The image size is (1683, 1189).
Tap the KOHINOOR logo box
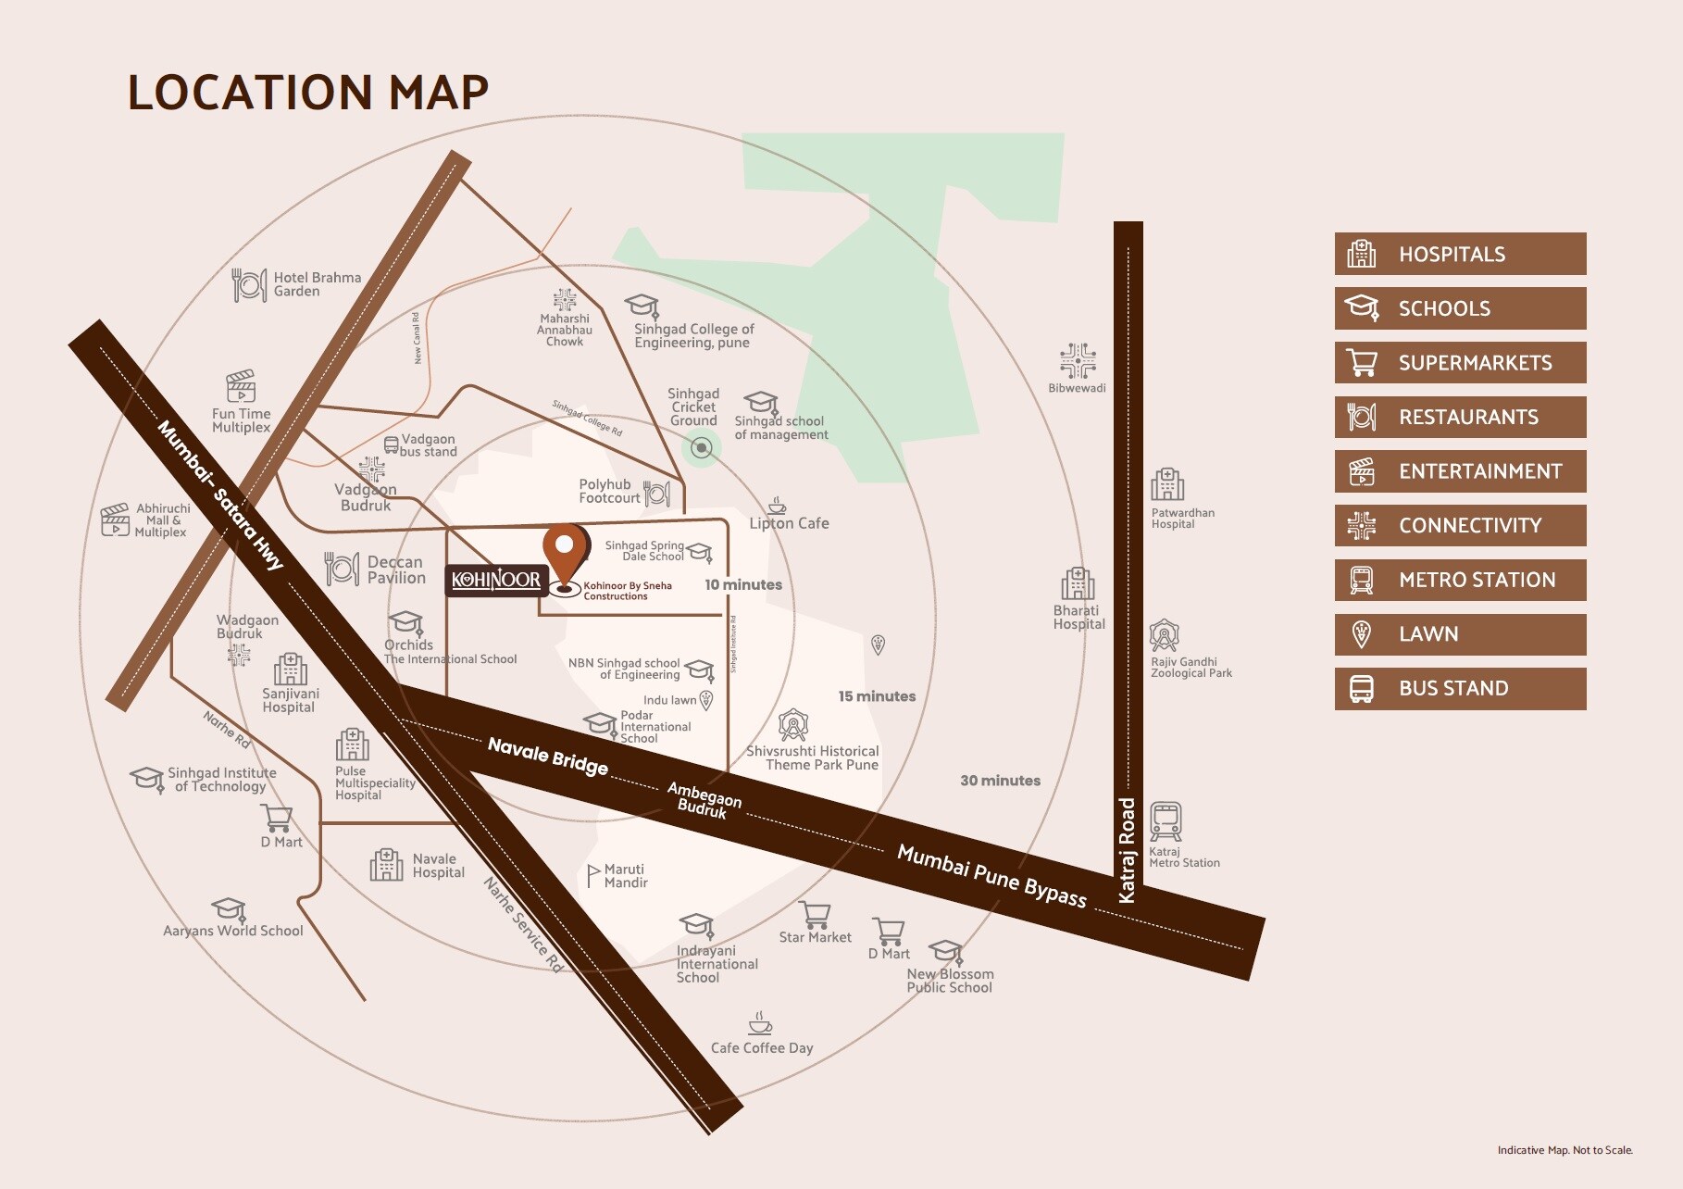point(496,580)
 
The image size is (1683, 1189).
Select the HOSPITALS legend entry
point(1460,254)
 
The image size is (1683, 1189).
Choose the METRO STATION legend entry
point(1460,580)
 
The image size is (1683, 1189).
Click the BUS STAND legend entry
point(1460,688)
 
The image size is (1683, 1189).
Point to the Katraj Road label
point(1127,849)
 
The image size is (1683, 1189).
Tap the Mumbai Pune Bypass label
point(991,875)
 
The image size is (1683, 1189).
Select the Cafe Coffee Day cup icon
point(760,1023)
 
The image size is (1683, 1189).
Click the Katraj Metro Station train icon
point(1166,821)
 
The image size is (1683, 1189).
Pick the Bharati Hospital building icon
point(1078,584)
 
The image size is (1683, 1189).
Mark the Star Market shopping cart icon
point(816,914)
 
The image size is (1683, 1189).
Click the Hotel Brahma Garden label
point(317,284)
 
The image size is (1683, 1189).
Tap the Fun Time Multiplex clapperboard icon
point(241,387)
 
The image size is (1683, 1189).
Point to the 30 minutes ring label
point(1000,781)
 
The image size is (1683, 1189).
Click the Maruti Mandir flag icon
point(593,875)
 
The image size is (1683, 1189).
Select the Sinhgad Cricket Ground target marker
point(702,449)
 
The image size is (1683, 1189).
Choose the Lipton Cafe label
point(789,523)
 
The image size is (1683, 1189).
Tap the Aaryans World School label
point(233,931)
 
